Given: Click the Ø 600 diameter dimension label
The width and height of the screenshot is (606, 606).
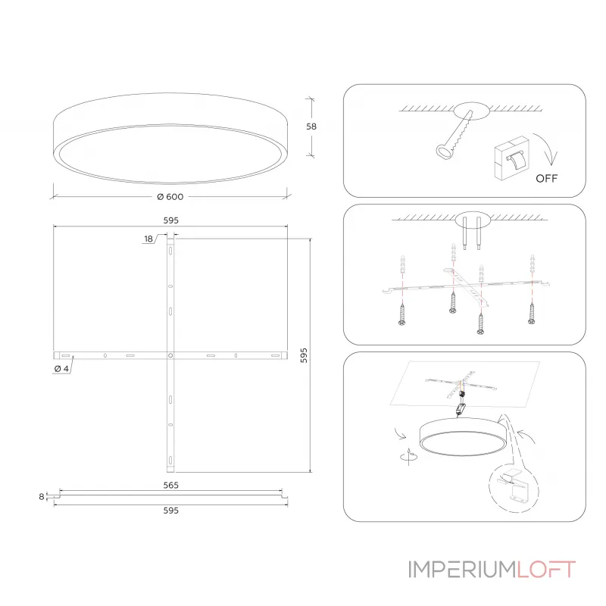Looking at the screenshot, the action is [x=170, y=197].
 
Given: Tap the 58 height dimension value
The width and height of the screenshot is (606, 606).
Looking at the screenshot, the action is [x=311, y=127].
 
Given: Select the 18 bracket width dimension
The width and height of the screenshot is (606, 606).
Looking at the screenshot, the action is [x=148, y=239].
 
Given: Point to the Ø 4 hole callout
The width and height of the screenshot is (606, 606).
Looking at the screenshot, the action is [x=61, y=369].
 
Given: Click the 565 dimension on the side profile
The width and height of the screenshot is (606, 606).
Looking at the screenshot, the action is [x=171, y=485].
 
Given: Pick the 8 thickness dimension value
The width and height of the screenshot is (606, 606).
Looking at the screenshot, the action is [x=42, y=497].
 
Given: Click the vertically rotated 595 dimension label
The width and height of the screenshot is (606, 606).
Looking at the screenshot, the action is [x=304, y=355].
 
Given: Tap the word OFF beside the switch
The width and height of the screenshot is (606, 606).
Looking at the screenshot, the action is [x=546, y=178].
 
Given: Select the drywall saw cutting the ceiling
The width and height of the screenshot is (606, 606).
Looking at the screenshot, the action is [x=455, y=135].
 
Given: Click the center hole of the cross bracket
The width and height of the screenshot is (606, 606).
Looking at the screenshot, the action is [x=170, y=355].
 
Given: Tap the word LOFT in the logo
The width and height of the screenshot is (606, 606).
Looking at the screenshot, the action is [x=545, y=570].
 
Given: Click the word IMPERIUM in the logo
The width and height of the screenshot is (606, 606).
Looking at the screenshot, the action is [x=462, y=570].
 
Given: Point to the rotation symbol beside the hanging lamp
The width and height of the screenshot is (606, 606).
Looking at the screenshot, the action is [x=409, y=457].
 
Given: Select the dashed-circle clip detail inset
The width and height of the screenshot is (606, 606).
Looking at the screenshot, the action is [x=514, y=487].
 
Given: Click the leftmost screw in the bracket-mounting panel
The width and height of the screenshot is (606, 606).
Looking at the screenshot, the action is [x=402, y=314].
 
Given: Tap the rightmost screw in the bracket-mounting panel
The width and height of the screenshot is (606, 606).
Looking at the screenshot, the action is [x=532, y=313].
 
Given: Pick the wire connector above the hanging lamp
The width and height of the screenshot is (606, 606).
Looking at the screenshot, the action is [x=461, y=408].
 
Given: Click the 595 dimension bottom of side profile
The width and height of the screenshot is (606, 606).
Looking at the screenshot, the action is [x=171, y=511].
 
